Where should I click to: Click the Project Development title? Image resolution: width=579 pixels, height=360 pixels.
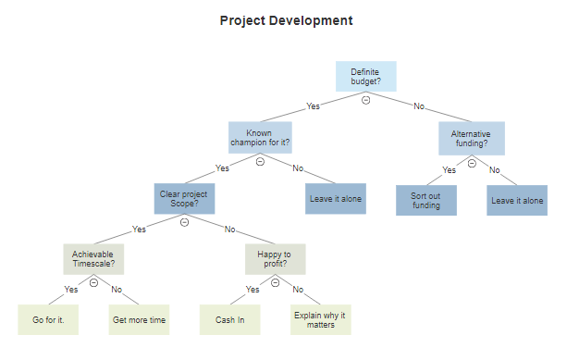[286, 20]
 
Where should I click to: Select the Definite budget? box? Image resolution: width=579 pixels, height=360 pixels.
[365, 76]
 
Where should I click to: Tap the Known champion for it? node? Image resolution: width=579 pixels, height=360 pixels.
[260, 137]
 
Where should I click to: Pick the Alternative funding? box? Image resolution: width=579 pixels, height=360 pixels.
[471, 138]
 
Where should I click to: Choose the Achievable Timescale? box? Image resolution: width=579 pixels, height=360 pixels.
[93, 259]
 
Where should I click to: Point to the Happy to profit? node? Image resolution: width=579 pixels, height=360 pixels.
[275, 259]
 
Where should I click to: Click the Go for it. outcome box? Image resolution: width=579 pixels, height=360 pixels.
[48, 319]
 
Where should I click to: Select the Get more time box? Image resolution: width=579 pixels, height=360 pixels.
[139, 319]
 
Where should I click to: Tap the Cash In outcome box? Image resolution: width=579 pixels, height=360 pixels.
[230, 319]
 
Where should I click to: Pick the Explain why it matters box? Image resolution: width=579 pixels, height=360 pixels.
[320, 319]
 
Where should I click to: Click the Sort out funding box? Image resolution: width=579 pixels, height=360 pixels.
[426, 200]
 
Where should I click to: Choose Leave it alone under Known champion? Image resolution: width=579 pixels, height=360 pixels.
[335, 199]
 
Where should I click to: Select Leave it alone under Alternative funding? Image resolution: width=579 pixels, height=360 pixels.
[517, 200]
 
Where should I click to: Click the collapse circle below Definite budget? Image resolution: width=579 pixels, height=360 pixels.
[365, 100]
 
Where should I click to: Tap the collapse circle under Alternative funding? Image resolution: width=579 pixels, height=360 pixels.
[471, 162]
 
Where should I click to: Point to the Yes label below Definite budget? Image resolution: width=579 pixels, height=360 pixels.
[313, 106]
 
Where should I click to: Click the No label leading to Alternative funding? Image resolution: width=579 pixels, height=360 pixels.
[419, 106]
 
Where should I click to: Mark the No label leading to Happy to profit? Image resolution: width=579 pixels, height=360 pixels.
[230, 229]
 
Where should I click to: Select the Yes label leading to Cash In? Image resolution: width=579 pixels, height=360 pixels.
[253, 289]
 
